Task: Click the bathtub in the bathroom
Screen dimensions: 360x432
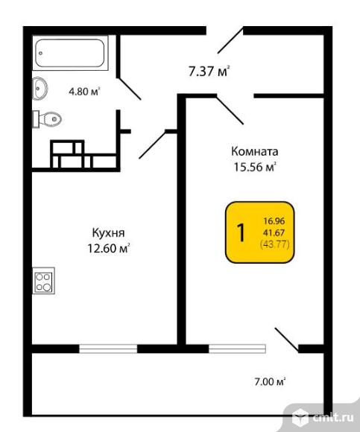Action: pos(70,53)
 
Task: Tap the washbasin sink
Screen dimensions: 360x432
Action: pos(40,88)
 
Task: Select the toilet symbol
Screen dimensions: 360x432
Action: pos(47,119)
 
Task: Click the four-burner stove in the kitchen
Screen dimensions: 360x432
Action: pos(43,281)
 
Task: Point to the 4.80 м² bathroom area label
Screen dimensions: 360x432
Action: pos(84,91)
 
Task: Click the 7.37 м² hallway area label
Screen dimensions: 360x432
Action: pos(209,71)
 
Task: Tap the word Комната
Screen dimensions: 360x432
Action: pos(254,151)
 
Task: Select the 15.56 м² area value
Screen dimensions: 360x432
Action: pos(255,168)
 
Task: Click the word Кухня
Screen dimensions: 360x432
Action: pos(108,233)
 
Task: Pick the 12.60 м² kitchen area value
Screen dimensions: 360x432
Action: pos(109,249)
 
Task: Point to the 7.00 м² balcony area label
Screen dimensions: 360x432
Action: pos(270,382)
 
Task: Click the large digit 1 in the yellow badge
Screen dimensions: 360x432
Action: pos(241,232)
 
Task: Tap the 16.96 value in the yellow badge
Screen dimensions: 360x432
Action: pos(274,221)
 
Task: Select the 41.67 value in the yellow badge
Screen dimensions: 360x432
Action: pos(274,233)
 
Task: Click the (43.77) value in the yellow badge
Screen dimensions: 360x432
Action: pos(274,244)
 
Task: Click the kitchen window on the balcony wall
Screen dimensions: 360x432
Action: pos(108,349)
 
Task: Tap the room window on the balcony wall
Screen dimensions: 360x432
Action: pos(237,349)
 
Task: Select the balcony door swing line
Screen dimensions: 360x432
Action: pos(287,340)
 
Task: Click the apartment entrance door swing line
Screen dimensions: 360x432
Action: pos(230,40)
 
